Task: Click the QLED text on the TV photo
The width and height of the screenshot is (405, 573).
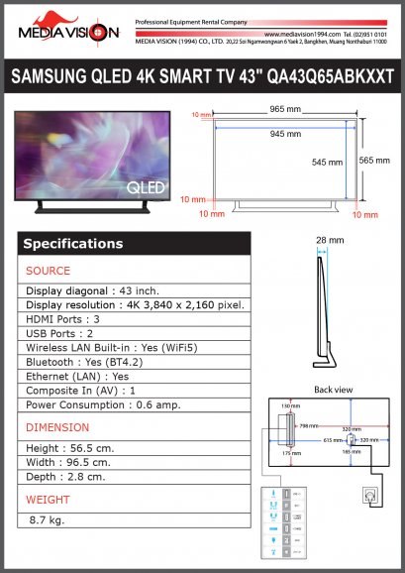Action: (145, 185)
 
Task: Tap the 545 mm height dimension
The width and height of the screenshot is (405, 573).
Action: (328, 161)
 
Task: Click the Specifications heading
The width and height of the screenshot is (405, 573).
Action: (73, 244)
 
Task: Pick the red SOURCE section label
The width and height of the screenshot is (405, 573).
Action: (48, 271)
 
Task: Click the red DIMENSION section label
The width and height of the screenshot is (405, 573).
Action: (57, 427)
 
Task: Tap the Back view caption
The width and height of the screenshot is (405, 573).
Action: (333, 390)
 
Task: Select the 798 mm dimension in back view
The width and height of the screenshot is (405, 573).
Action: (309, 425)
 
